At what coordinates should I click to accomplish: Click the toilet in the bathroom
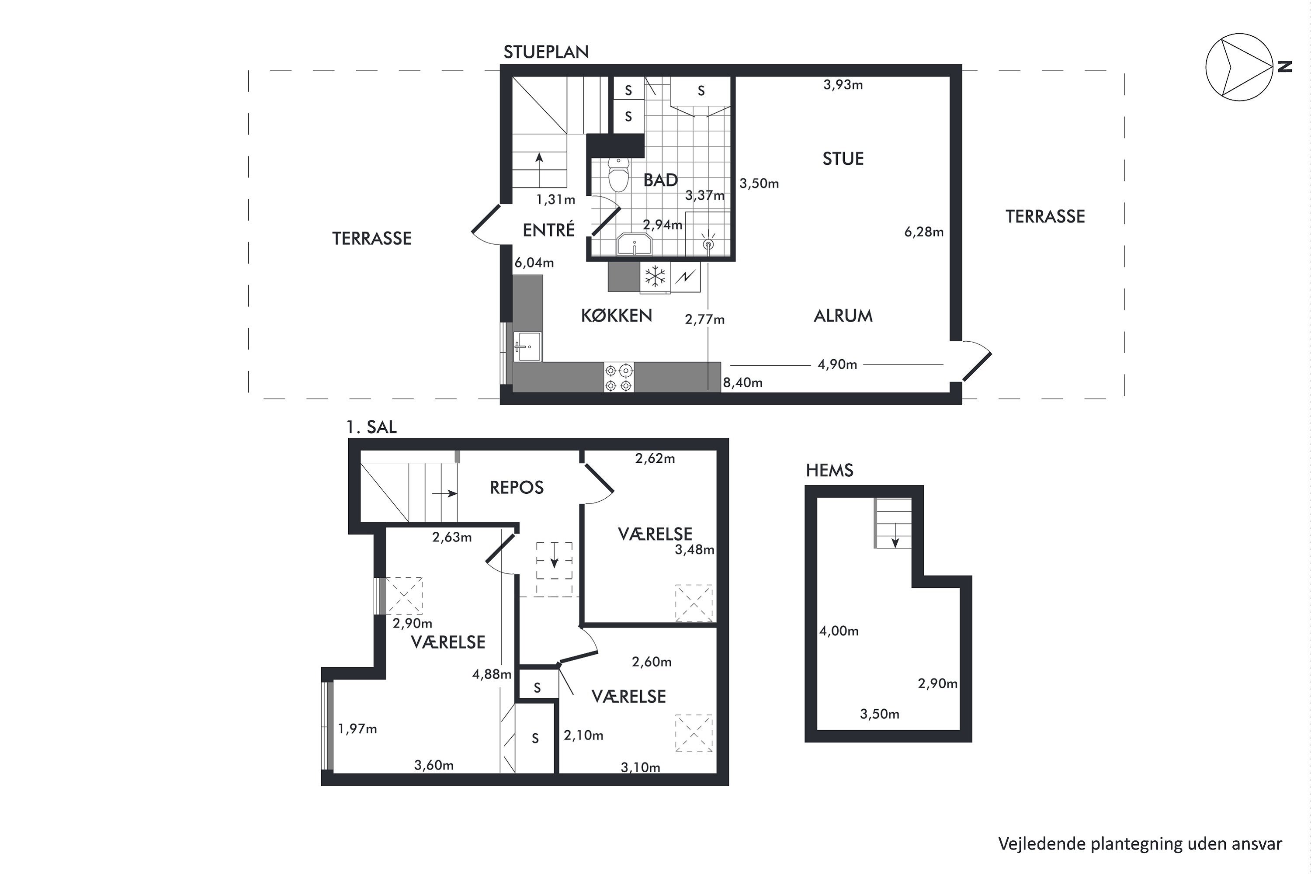618,174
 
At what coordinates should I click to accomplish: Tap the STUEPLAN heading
546,52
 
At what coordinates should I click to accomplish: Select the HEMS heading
829,471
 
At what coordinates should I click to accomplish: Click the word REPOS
516,488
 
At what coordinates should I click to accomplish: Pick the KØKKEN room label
617,316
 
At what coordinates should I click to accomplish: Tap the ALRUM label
843,316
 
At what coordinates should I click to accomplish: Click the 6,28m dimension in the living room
924,232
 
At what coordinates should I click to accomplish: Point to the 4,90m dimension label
837,364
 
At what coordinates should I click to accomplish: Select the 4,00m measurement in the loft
838,631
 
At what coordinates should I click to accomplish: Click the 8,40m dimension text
742,382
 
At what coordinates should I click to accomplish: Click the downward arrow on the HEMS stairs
895,534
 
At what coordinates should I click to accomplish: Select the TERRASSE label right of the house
1045,216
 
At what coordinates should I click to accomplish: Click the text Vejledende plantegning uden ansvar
1140,844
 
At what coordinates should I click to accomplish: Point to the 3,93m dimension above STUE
843,85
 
